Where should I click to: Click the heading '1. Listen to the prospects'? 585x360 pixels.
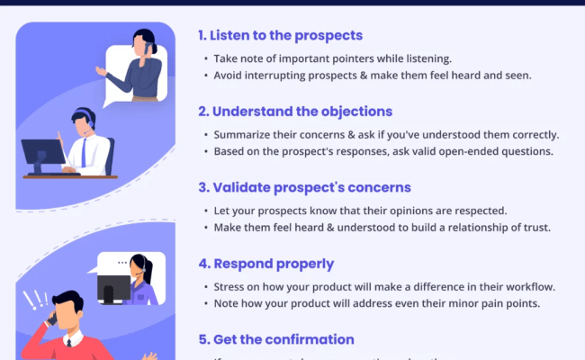pyautogui.click(x=280, y=36)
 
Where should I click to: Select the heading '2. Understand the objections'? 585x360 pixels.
pyautogui.click(x=294, y=112)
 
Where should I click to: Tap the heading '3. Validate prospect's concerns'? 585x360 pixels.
pyautogui.click(x=304, y=188)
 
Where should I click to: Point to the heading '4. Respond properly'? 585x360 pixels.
pyautogui.click(x=265, y=265)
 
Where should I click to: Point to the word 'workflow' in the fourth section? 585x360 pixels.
pyautogui.click(x=525, y=287)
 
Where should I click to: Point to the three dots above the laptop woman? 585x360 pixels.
pyautogui.click(x=111, y=264)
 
